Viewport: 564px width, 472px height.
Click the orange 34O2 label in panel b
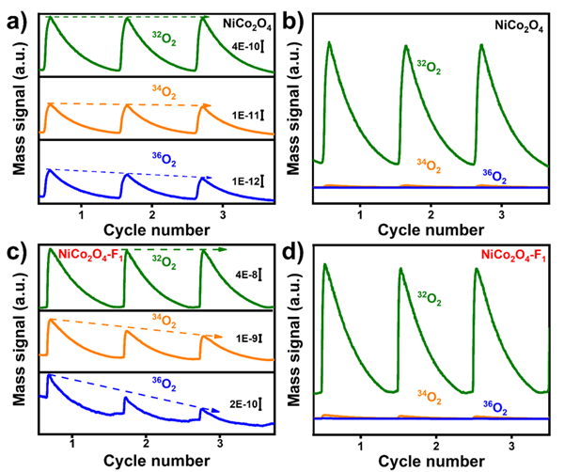pyautogui.click(x=428, y=166)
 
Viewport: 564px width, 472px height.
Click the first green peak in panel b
pyautogui.click(x=329, y=43)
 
